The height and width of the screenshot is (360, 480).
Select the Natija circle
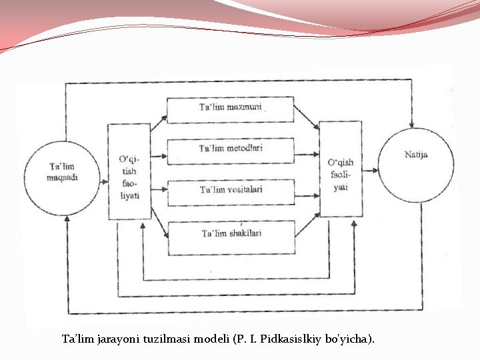[416, 163]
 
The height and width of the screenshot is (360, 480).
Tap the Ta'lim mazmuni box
[230, 109]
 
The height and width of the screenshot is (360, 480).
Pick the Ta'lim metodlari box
[230, 150]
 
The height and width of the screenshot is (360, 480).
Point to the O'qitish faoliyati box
[129, 171]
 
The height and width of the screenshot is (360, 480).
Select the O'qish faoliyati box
[341, 169]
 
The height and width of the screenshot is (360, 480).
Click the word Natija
[416, 155]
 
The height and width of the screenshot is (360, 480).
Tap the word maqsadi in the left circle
[63, 177]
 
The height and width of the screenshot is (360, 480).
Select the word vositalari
[245, 190]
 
